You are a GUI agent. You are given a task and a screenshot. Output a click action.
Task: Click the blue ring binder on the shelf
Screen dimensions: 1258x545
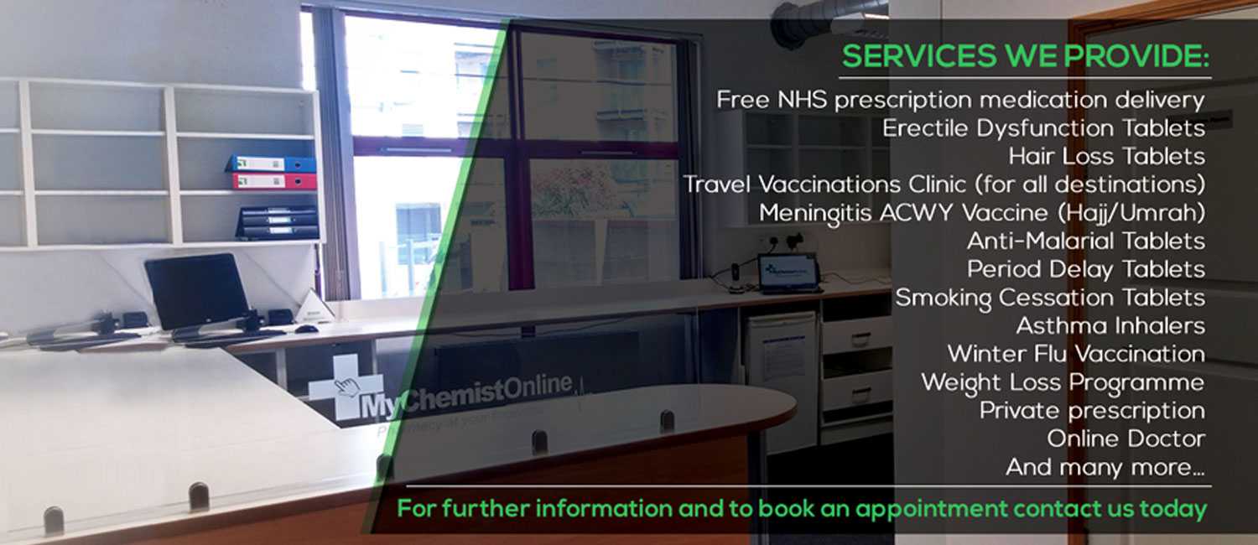coord(271,163)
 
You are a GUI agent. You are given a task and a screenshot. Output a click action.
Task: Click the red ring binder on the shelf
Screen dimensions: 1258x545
coord(273,181)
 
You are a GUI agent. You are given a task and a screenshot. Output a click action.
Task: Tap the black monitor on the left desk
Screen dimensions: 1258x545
coord(196,291)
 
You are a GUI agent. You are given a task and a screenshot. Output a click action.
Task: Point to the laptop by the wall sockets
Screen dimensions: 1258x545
coord(788,274)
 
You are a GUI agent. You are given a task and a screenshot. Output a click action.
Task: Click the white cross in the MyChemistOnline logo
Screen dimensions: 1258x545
coord(346,387)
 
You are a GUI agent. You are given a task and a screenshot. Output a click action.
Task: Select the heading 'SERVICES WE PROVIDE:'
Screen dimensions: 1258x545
coord(1026,56)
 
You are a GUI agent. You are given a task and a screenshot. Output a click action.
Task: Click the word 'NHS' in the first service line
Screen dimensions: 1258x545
coord(802,100)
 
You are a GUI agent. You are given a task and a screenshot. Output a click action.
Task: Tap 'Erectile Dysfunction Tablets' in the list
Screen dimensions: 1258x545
coord(1043,128)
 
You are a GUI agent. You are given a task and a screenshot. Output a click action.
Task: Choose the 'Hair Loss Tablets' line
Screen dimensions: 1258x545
coord(1106,156)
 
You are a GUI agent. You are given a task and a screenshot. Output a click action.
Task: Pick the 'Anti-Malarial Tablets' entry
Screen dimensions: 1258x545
coord(1086,241)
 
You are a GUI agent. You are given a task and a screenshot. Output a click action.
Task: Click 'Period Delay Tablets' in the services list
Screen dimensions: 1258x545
coord(1086,269)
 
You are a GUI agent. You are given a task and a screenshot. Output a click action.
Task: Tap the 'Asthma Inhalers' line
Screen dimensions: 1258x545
coord(1110,325)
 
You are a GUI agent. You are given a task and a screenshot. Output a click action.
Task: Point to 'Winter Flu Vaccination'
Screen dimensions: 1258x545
coord(1076,354)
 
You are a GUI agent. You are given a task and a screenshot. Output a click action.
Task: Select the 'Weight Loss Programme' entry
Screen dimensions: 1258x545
coord(1063,383)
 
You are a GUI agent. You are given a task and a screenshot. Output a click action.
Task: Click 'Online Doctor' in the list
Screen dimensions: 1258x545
coord(1126,439)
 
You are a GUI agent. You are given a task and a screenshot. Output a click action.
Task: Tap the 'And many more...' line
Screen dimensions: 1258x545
coord(1105,467)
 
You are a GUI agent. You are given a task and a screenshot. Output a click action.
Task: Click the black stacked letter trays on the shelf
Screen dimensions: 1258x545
coord(278,222)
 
